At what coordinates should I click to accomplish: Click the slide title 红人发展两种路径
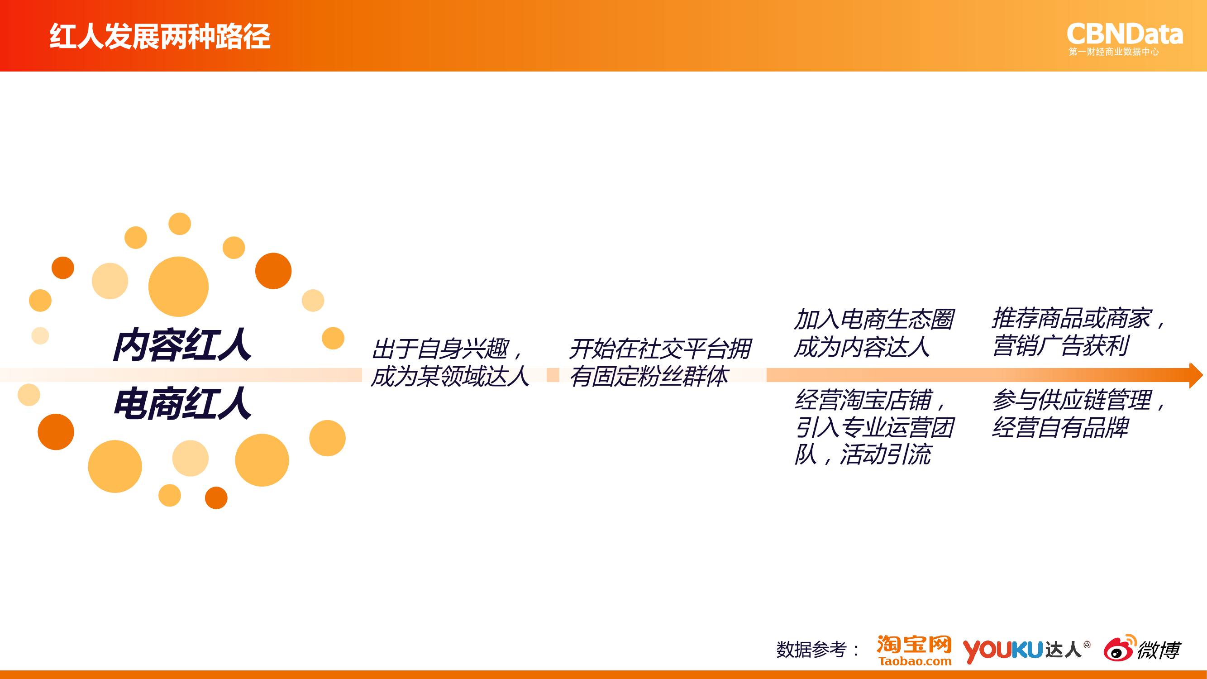point(160,37)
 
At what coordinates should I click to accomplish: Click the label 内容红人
point(182,345)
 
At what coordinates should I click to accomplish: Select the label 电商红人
point(182,403)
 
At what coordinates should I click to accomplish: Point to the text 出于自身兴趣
point(440,349)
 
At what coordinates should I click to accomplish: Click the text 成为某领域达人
point(450,376)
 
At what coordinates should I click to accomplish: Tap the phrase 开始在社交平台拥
point(660,349)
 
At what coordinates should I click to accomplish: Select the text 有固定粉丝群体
point(649,376)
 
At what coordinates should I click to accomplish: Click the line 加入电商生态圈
point(874,320)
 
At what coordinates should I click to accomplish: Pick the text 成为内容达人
point(862,347)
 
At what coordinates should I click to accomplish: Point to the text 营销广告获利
point(1060,346)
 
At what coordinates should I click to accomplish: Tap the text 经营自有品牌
point(1060,427)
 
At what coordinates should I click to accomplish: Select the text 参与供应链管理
point(1072,400)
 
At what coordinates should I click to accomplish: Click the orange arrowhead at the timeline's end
point(1196,375)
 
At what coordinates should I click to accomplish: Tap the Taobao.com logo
point(914,650)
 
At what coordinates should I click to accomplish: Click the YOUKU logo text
point(1002,651)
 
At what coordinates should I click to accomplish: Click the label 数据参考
point(811,650)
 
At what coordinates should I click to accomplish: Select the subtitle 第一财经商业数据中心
point(1114,52)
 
